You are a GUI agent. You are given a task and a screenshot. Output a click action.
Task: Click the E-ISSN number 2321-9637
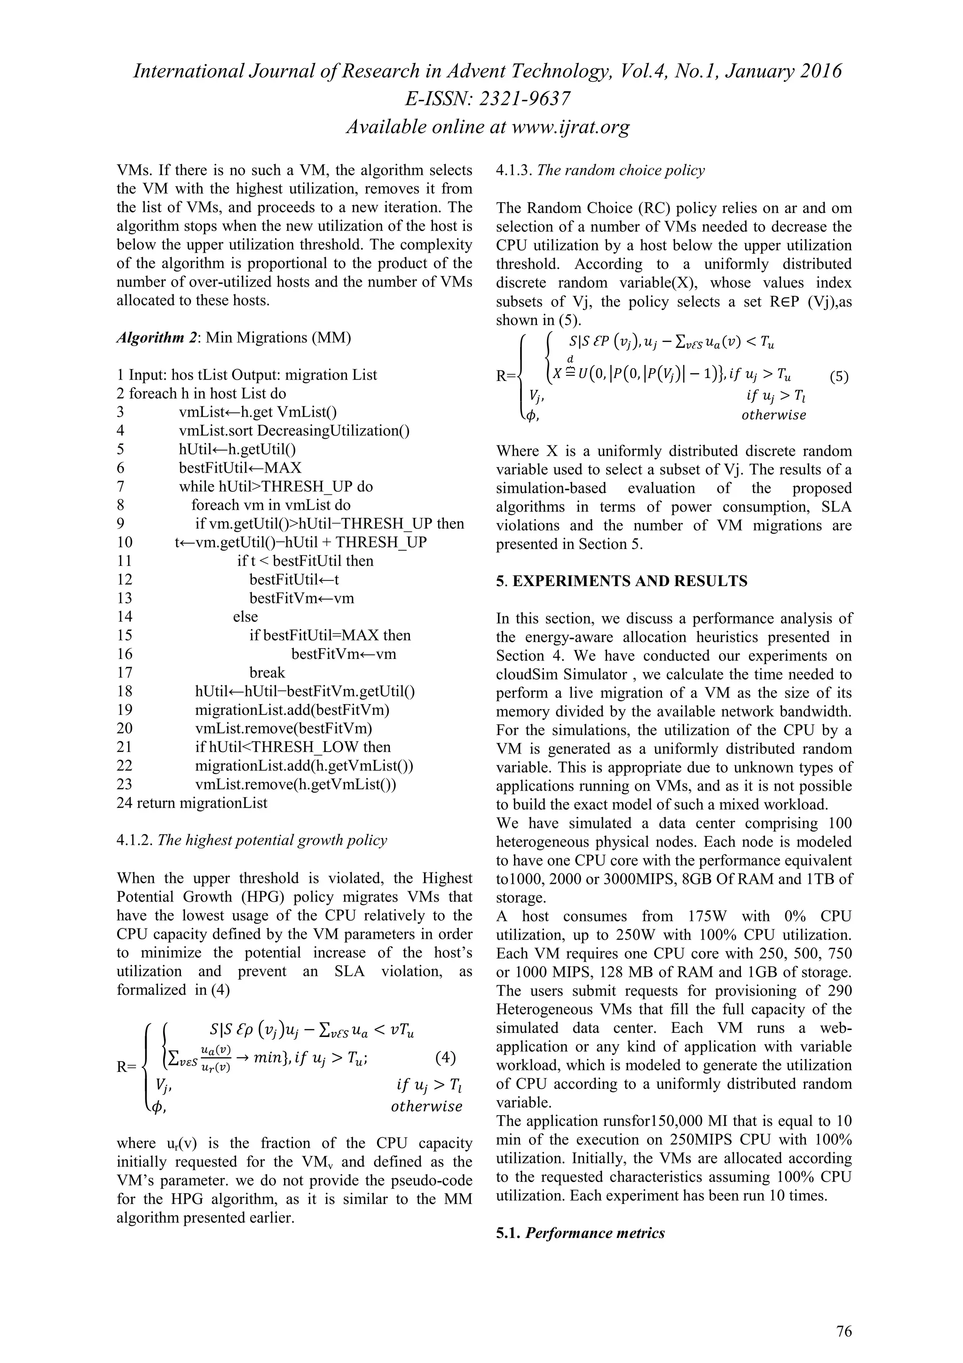pyautogui.click(x=521, y=99)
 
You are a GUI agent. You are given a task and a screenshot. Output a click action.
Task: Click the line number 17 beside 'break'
pyautogui.click(x=125, y=673)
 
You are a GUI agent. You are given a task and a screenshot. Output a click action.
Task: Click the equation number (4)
pyautogui.click(x=445, y=1057)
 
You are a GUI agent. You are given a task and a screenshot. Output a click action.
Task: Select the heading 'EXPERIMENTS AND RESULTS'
pyautogui.click(x=630, y=581)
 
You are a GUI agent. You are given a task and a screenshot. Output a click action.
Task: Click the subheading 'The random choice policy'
pyautogui.click(x=621, y=170)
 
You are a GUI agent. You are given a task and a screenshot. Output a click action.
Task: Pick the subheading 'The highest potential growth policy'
pyautogui.click(x=272, y=840)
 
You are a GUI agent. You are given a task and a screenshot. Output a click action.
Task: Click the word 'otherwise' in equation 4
pyautogui.click(x=426, y=1107)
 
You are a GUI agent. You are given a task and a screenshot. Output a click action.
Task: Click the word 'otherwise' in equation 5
pyautogui.click(x=774, y=415)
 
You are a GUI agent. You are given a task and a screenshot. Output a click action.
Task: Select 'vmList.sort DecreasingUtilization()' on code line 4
pyautogui.click(x=294, y=430)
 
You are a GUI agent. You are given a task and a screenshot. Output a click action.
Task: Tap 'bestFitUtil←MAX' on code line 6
pyautogui.click(x=240, y=468)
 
